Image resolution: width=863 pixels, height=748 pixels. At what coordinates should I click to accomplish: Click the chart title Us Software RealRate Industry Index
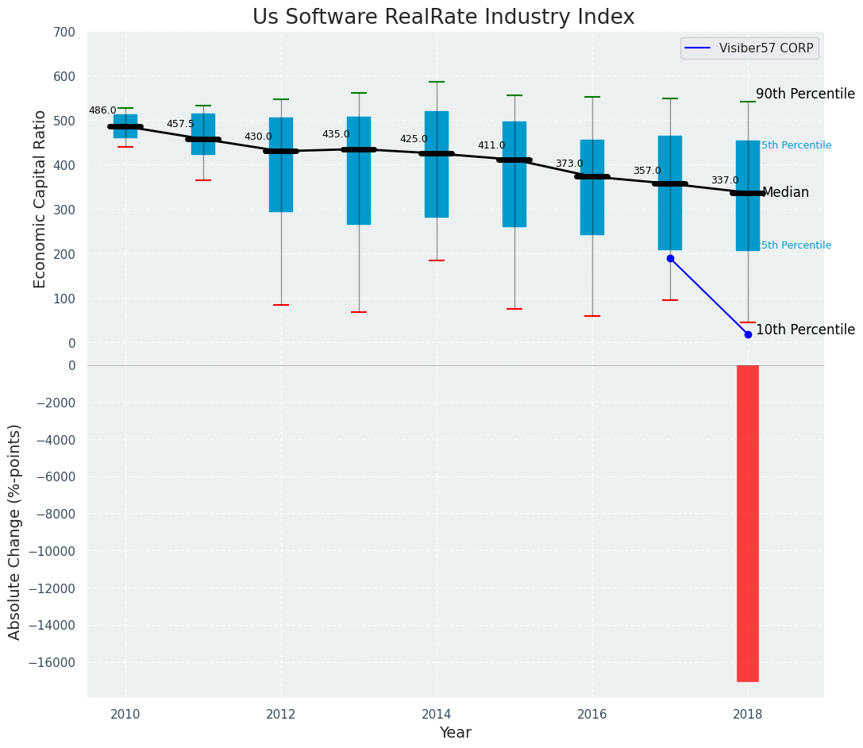click(x=443, y=17)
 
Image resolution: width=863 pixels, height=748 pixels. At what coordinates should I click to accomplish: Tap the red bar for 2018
click(x=748, y=522)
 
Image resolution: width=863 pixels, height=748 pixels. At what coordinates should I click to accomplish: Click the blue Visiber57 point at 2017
click(x=670, y=258)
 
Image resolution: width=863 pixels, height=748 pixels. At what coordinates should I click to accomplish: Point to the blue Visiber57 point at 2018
click(x=748, y=334)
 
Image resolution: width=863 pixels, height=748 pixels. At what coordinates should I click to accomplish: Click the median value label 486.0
click(x=102, y=111)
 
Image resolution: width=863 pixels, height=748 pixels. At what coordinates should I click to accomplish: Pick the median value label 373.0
click(x=569, y=164)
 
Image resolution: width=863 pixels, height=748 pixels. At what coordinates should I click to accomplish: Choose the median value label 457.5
click(x=180, y=125)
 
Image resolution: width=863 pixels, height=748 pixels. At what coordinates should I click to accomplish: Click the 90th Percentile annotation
click(x=805, y=94)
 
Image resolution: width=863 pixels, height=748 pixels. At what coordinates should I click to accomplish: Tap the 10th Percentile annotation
click(x=805, y=330)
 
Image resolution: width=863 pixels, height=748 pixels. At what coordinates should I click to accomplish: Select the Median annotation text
click(x=785, y=193)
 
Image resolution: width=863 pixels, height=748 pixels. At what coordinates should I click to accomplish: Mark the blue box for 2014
click(x=437, y=164)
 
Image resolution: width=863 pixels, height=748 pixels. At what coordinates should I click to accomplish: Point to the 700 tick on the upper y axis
click(x=65, y=33)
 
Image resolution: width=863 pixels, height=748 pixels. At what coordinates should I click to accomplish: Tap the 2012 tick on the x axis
click(x=281, y=715)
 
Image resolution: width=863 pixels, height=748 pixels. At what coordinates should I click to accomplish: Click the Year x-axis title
click(x=456, y=733)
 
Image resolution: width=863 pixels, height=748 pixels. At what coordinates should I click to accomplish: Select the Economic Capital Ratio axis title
click(x=40, y=187)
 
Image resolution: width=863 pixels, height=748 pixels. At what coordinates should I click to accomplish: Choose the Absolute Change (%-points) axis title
click(x=15, y=531)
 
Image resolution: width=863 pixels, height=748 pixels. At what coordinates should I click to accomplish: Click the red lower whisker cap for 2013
click(x=359, y=312)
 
